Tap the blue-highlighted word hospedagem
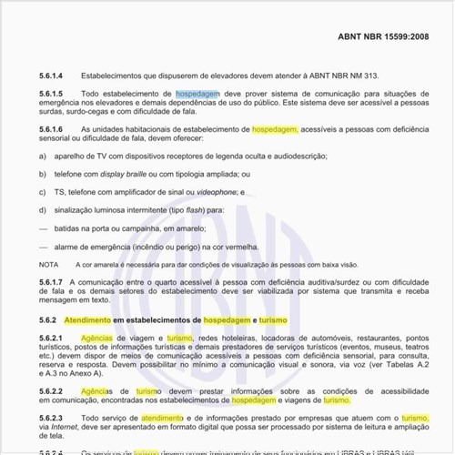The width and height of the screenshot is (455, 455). click(197, 94)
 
